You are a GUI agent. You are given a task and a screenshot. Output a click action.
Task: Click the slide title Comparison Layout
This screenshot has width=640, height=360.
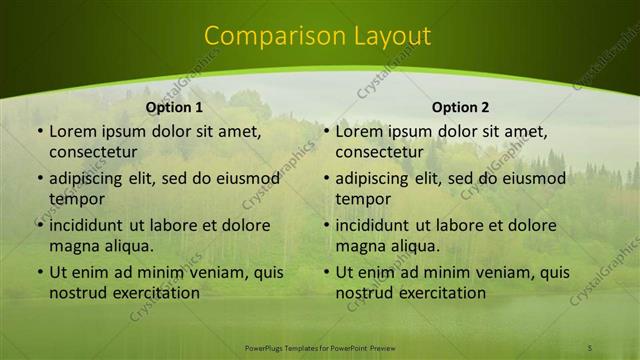(318, 36)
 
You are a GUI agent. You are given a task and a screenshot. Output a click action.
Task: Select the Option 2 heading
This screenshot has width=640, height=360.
(460, 107)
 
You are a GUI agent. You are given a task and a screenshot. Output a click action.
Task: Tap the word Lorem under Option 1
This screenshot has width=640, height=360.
(73, 131)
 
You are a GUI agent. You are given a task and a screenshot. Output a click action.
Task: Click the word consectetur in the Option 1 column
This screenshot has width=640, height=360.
(93, 152)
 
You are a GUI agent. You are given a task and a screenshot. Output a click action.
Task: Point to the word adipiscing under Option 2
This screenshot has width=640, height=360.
(379, 179)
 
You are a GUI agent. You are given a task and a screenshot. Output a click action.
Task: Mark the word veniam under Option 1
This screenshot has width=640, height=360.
(202, 272)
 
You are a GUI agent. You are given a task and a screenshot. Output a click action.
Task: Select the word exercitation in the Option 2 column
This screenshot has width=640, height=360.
(443, 293)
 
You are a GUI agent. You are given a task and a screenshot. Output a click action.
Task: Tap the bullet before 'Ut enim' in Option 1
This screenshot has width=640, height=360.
(40, 272)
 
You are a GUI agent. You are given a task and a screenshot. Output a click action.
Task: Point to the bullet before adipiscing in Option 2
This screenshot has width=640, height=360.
(327, 179)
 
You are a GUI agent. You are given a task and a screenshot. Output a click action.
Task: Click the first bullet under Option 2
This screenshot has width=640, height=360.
(327, 131)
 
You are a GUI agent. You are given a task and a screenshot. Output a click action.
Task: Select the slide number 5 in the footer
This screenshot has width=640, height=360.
(590, 347)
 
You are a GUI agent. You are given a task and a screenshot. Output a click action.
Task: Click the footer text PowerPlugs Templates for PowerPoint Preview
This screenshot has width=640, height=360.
(319, 347)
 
